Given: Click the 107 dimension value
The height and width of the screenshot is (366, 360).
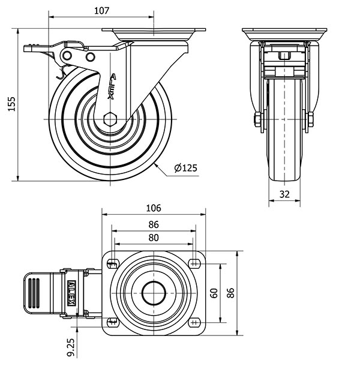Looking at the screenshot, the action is [101, 11].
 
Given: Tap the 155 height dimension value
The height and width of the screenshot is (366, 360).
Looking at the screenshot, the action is [11, 104].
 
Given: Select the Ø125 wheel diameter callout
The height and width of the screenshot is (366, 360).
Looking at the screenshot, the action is [186, 168].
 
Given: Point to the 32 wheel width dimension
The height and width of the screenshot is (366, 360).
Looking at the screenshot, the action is [284, 194].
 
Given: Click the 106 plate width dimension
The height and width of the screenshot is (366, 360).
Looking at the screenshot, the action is [154, 208].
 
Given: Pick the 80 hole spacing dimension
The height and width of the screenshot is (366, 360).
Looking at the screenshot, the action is [154, 238].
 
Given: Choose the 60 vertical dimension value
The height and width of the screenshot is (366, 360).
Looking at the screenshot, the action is [214, 293].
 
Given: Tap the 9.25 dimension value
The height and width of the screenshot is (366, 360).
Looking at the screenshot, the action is [71, 347].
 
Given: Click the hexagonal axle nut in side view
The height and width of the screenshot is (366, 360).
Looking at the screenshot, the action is [110, 119].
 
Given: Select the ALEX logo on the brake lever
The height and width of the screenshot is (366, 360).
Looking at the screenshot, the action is [71, 293].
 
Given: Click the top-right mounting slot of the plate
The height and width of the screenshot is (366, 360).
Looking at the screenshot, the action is [194, 264].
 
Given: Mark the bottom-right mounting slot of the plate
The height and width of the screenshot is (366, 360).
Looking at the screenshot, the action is [194, 323].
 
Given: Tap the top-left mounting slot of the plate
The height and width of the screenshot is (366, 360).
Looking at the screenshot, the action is [113, 264].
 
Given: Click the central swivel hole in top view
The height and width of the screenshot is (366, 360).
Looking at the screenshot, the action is [154, 293].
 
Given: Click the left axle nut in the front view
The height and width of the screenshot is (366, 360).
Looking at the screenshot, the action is [257, 119].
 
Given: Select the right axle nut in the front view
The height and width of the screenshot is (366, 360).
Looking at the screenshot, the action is [311, 119].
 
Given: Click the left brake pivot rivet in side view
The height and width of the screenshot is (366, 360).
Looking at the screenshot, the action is [67, 56].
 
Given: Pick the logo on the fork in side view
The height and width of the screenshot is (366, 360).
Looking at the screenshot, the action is [112, 86].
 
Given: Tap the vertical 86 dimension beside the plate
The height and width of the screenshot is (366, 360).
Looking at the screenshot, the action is [230, 293].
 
